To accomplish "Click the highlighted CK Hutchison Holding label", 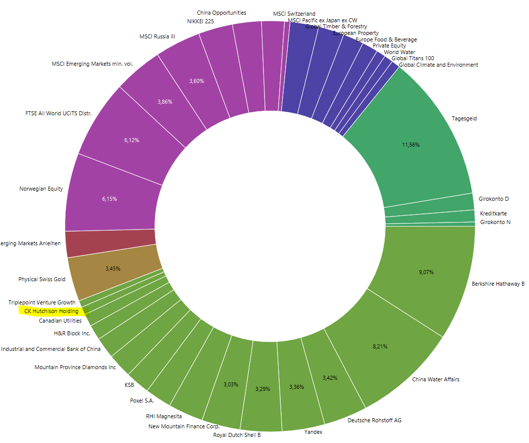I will tap(51, 311).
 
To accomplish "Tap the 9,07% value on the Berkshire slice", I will tap(426, 272).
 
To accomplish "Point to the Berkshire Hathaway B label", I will tap(498, 284).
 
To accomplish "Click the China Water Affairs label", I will tap(436, 379).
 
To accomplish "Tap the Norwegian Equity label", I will tap(41, 189).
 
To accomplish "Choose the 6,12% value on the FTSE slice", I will tap(131, 140).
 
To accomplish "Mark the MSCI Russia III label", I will tap(157, 36).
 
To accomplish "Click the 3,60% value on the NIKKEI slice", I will tap(197, 81).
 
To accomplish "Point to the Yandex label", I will tap(313, 432).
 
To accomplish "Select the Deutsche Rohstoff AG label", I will tap(375, 420).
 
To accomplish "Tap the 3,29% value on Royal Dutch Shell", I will tap(262, 389).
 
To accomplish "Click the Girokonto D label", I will tap(494, 199).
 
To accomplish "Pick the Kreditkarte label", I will tap(493, 213).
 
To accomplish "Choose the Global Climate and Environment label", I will tap(438, 65).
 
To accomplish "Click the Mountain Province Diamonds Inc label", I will tap(75, 367).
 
